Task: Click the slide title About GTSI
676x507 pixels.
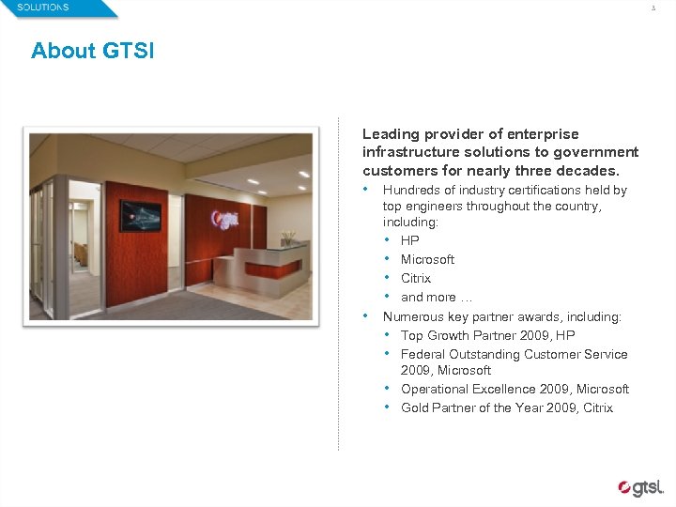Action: (92, 51)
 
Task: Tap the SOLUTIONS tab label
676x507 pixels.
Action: (43, 8)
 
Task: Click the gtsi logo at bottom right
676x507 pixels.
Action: (640, 487)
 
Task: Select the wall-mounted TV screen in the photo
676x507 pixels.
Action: (140, 216)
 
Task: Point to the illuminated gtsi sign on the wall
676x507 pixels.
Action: (226, 219)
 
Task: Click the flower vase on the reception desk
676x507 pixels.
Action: (287, 238)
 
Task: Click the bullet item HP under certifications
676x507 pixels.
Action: (409, 240)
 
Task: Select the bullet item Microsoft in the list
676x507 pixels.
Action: (427, 259)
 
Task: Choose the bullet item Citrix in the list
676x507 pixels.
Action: (415, 278)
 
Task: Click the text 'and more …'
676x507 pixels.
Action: (428, 297)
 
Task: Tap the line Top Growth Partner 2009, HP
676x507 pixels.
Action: (487, 335)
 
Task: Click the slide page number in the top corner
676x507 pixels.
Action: (653, 8)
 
